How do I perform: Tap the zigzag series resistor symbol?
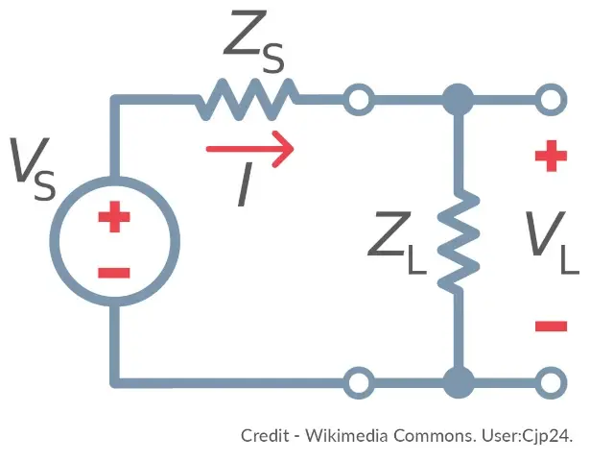pyautogui.click(x=248, y=98)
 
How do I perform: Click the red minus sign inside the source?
pyautogui.click(x=114, y=272)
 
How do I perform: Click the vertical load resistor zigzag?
pyautogui.click(x=460, y=241)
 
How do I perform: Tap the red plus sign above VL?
pyautogui.click(x=551, y=157)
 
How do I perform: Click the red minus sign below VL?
pyautogui.click(x=551, y=327)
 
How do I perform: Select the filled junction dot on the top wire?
pyautogui.click(x=460, y=98)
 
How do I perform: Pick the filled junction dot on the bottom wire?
pyautogui.click(x=460, y=381)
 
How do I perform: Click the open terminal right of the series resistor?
pyautogui.click(x=359, y=98)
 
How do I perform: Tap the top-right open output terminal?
pyautogui.click(x=551, y=98)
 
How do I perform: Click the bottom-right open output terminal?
pyautogui.click(x=551, y=381)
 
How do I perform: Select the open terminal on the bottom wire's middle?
pyautogui.click(x=359, y=381)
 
